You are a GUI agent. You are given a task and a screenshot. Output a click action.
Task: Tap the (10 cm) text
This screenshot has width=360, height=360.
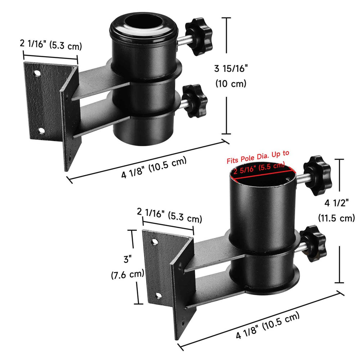pos(230,84)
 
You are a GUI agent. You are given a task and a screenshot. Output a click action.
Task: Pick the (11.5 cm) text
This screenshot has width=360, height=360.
pos(336,218)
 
